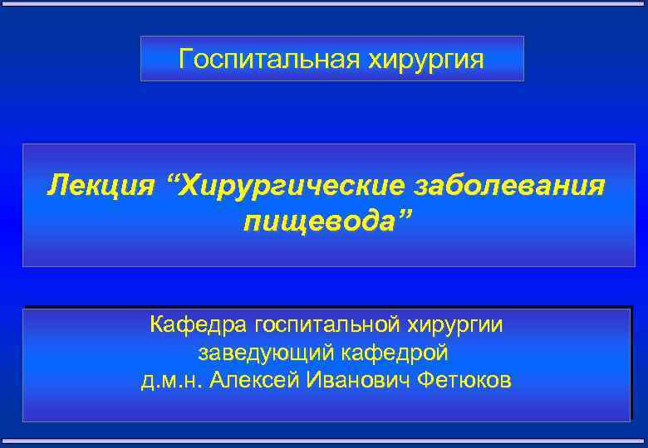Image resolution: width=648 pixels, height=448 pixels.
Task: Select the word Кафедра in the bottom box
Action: click(199, 324)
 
